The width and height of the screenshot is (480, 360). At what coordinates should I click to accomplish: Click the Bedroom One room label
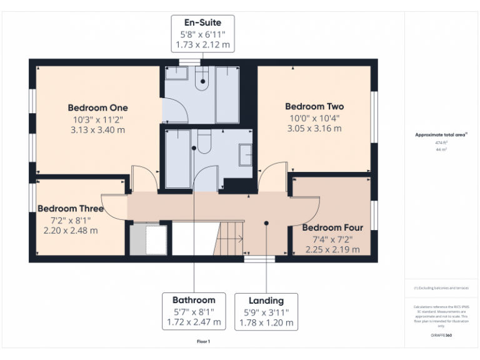tap(97, 107)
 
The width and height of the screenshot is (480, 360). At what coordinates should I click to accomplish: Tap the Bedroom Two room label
tap(314, 106)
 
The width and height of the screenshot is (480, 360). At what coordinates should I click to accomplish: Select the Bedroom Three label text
tap(70, 208)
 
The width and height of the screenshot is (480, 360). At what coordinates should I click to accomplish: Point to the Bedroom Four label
tap(332, 227)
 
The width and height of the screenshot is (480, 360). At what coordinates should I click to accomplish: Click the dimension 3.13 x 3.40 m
tap(97, 130)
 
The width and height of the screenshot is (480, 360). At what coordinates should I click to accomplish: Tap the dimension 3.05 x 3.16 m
tap(314, 129)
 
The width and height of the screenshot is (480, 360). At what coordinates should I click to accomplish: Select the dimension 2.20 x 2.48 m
tap(70, 230)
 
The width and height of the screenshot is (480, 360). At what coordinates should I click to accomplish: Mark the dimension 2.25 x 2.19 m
tap(332, 249)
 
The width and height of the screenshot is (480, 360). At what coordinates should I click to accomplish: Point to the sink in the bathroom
tap(246, 154)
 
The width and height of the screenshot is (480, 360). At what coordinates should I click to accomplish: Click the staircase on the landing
tap(230, 237)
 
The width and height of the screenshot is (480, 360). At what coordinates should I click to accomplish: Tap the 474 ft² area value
tap(441, 142)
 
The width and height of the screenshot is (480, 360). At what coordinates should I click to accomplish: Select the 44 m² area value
tap(441, 150)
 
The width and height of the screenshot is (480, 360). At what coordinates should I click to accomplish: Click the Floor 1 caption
tap(203, 342)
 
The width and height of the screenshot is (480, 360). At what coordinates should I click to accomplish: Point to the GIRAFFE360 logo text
tap(441, 335)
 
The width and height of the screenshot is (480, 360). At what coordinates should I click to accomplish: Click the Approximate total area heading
tap(441, 134)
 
